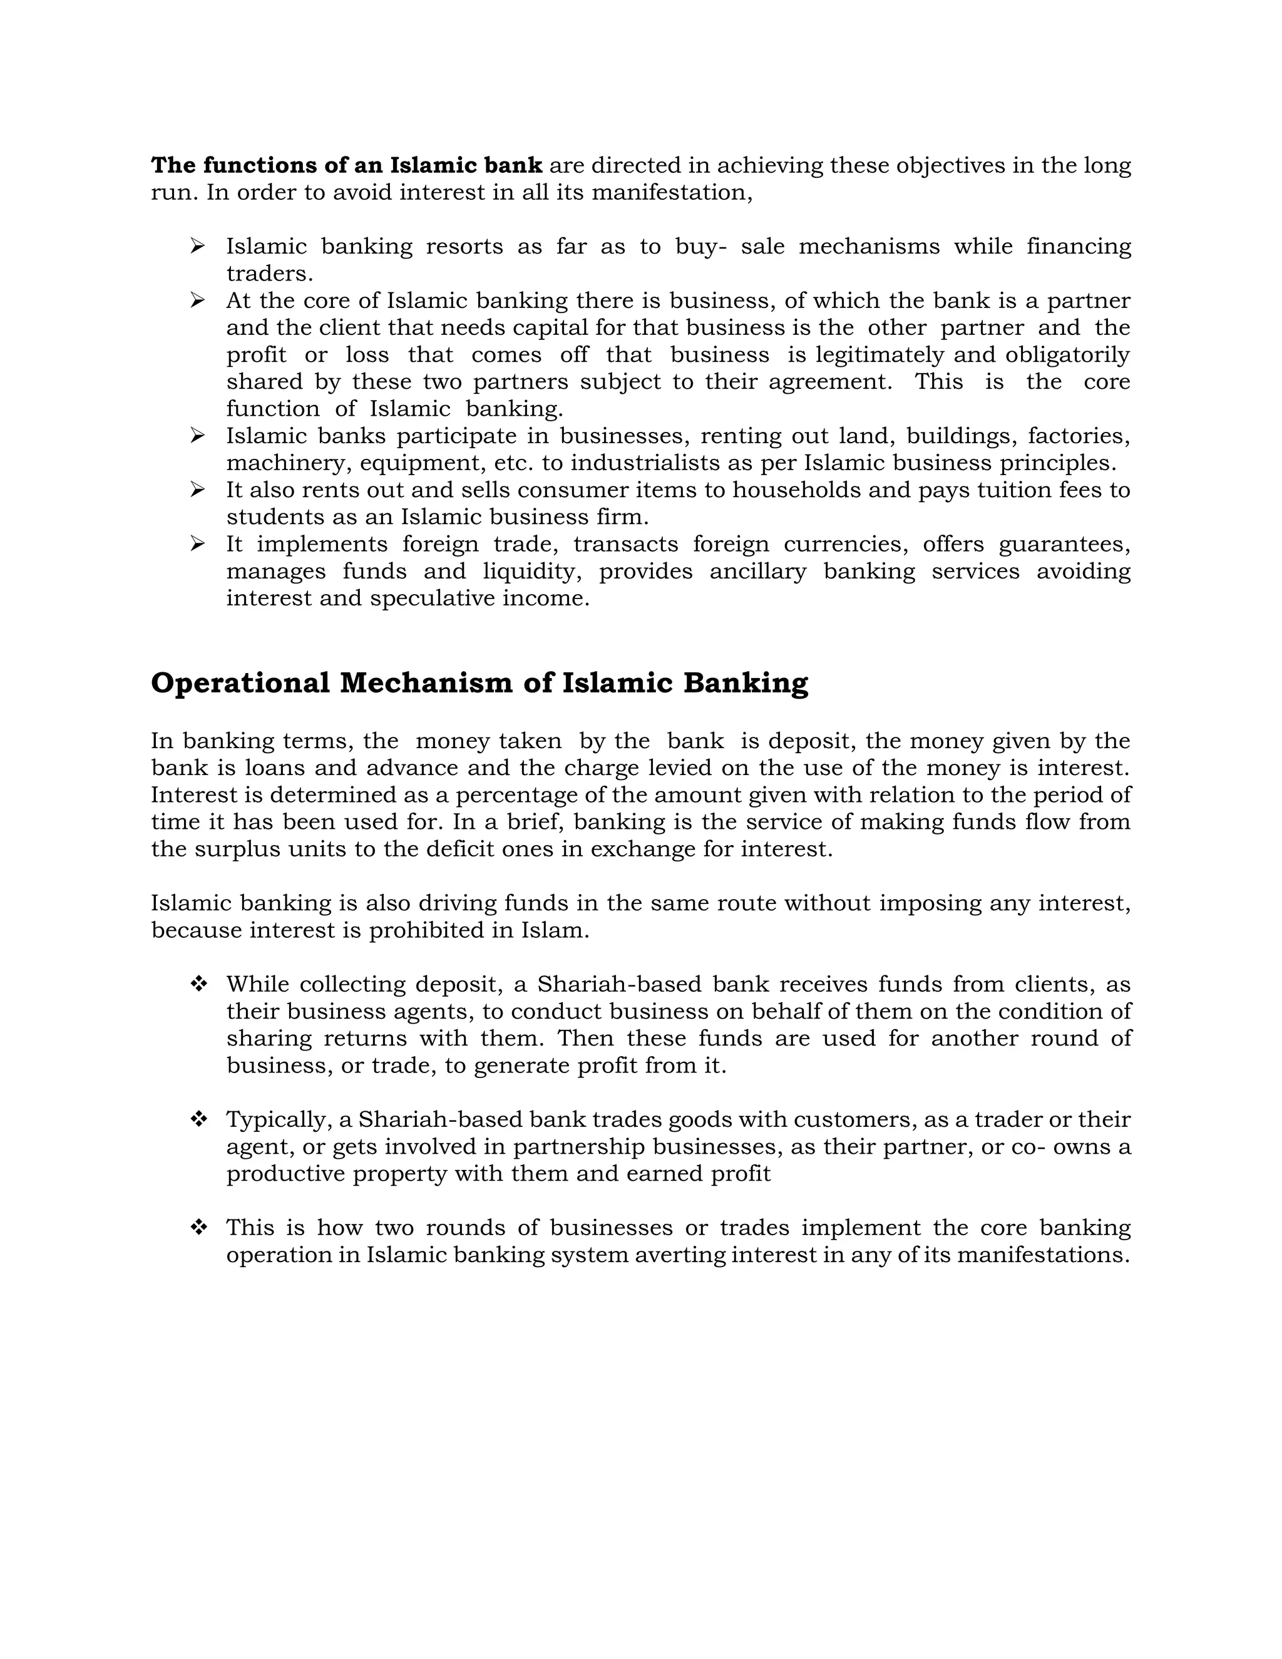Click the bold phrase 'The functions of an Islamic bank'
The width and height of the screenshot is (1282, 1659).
(346, 166)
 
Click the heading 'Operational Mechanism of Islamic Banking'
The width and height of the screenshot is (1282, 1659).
(479, 683)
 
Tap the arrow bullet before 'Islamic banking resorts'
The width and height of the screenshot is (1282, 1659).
(197, 246)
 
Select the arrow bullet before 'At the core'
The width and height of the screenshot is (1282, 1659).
(197, 300)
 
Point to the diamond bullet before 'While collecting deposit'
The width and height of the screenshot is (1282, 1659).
(198, 985)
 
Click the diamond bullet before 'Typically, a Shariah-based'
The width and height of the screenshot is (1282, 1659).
(198, 1120)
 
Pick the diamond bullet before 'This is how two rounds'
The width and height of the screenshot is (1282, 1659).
(198, 1228)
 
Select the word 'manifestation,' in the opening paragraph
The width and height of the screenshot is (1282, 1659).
(672, 193)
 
